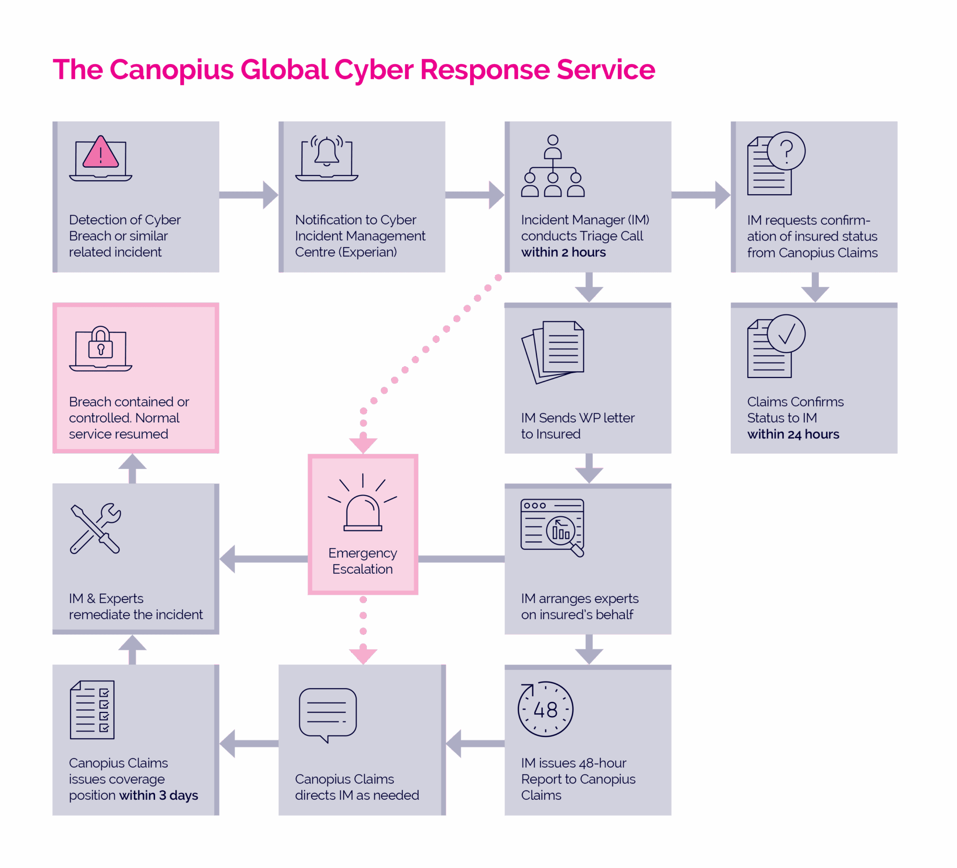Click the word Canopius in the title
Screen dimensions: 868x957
coord(171,70)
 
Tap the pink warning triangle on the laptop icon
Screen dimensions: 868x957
coord(100,153)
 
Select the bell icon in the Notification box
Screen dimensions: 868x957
coord(327,151)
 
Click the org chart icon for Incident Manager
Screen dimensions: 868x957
coord(552,166)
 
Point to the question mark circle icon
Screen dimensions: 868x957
coord(786,151)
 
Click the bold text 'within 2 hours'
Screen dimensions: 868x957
coord(564,252)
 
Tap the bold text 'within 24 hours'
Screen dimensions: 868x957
coord(793,434)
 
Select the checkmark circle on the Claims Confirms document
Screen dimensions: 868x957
coord(786,334)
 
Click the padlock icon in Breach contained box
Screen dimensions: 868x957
coord(100,342)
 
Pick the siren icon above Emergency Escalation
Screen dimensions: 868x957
coord(363,505)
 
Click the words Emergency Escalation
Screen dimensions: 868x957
coord(363,561)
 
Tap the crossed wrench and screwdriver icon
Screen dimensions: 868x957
coord(95,528)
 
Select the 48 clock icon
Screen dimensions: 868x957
coord(545,709)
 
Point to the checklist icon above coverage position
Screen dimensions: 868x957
coord(92,710)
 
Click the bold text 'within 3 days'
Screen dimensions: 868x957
coord(158,796)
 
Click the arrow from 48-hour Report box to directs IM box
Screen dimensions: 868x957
coord(474,744)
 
